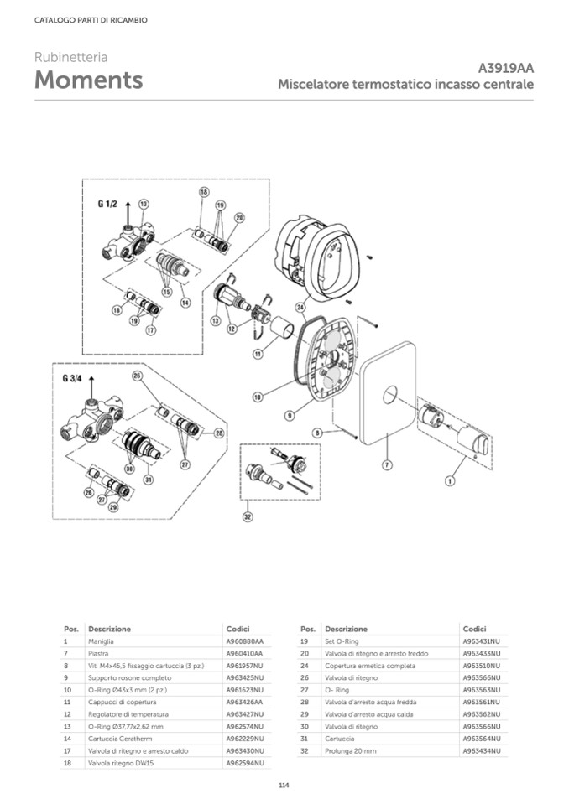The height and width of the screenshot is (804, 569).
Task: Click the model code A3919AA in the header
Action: [505, 69]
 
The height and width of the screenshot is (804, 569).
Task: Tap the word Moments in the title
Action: [88, 80]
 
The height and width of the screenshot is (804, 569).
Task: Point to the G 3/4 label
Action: [73, 379]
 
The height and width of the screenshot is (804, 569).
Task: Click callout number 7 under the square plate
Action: [387, 464]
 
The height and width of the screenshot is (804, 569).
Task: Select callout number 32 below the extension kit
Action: [248, 516]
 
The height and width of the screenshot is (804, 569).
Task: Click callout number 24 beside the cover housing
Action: [300, 308]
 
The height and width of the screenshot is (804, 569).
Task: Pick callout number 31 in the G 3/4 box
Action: [148, 480]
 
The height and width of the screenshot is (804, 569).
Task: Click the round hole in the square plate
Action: [391, 394]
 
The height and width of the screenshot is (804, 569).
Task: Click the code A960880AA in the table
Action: [244, 641]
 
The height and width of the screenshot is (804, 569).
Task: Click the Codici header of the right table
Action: [474, 628]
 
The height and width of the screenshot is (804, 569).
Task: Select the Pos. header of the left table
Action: [70, 628]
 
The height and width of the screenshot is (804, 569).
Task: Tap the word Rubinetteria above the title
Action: [70, 58]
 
